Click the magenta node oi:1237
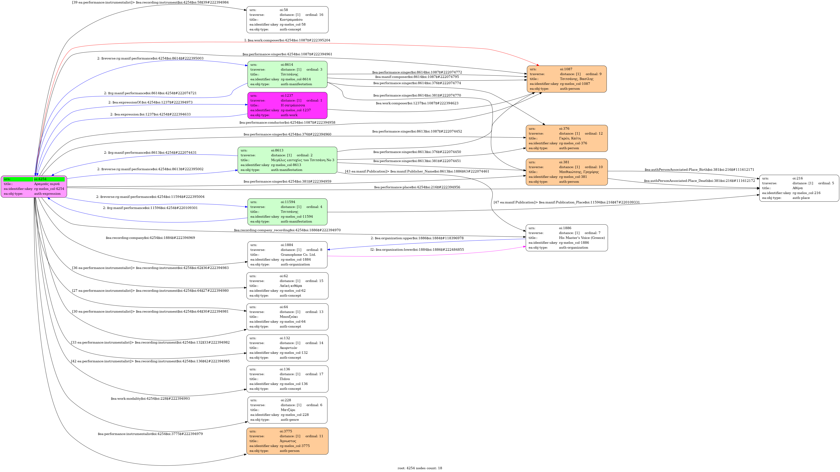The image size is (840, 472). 287,105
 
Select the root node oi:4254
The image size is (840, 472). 34,186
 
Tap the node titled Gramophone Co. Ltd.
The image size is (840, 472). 287,255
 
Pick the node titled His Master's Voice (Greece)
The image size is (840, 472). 567,238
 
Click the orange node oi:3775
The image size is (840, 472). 287,441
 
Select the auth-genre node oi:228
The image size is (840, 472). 287,410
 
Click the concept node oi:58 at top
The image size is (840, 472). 287,20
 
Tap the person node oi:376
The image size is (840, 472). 567,138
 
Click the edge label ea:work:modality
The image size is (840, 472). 150,399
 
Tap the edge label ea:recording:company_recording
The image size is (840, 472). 287,230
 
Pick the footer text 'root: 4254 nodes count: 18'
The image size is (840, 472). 420,468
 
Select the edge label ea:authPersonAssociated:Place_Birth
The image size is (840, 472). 700,170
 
